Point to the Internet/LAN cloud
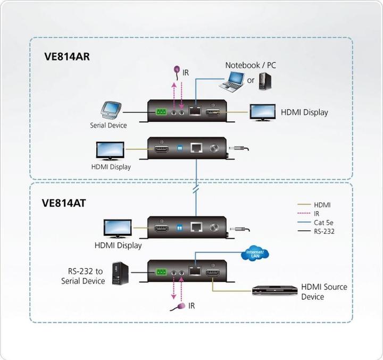[x=257, y=254]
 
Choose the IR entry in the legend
[x=317, y=213]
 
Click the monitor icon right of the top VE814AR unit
[x=263, y=113]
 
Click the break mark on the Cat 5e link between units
[x=197, y=189]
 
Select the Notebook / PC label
[x=251, y=65]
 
